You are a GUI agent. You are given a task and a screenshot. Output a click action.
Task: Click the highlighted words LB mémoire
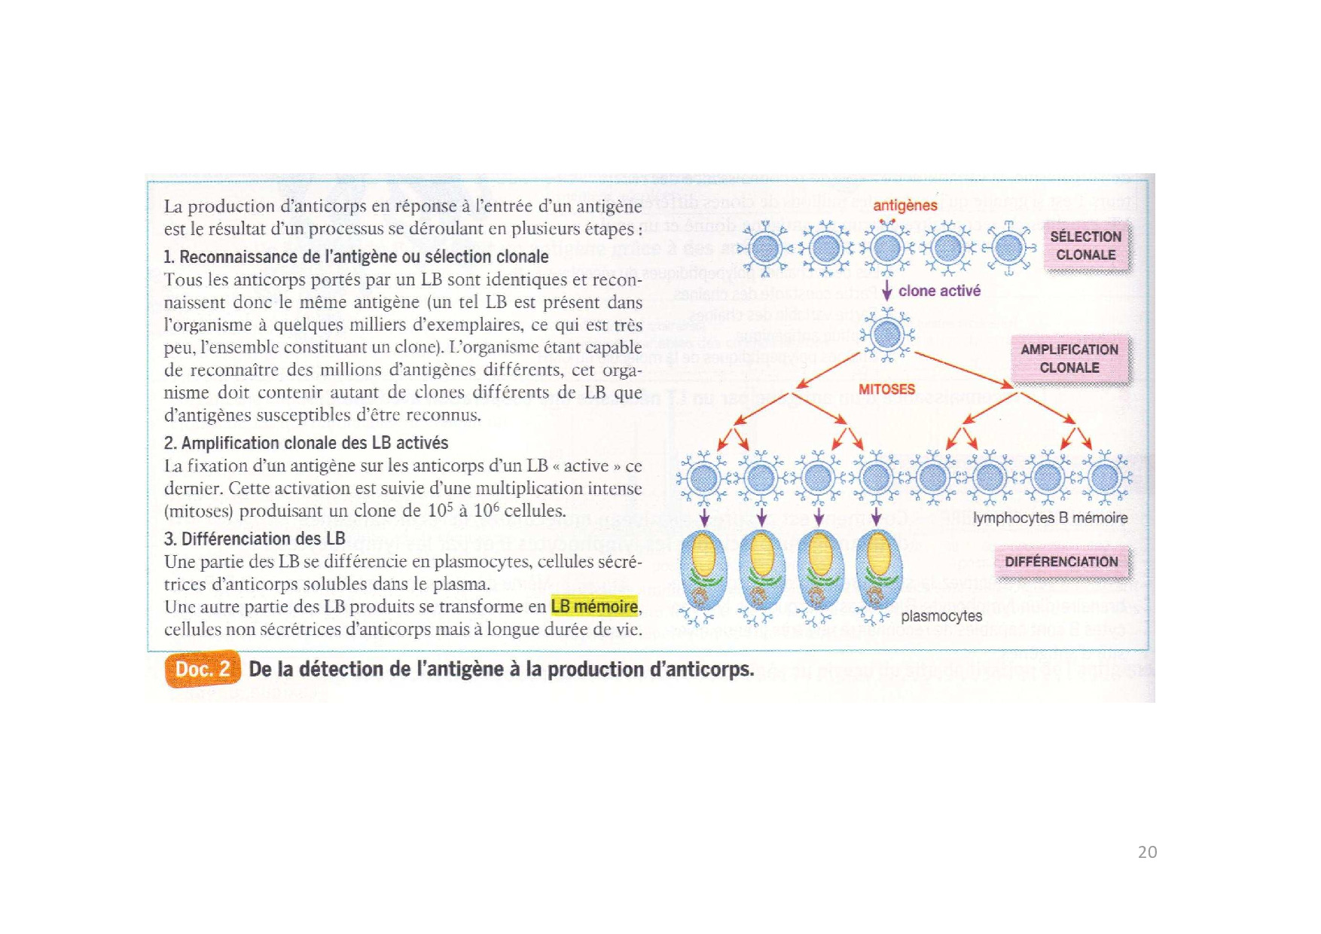(594, 606)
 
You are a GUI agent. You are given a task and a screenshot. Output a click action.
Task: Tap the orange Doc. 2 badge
(202, 670)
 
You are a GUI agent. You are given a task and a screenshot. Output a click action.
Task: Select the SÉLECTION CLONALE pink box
(1085, 246)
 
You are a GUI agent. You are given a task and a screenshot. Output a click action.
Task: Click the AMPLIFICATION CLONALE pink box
(1069, 359)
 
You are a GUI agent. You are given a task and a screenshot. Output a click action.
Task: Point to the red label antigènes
(905, 206)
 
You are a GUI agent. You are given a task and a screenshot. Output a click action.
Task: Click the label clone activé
(939, 291)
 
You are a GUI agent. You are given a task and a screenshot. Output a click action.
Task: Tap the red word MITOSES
(886, 389)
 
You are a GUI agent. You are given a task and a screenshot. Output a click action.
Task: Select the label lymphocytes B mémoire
(1050, 518)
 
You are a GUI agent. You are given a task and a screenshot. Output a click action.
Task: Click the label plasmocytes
(941, 616)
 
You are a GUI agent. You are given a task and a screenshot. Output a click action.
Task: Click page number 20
(1147, 852)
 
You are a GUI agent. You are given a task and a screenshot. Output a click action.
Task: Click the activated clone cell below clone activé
(887, 335)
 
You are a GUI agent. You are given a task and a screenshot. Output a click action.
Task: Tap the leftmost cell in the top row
(764, 249)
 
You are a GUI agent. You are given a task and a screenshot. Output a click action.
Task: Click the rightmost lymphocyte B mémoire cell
(1105, 477)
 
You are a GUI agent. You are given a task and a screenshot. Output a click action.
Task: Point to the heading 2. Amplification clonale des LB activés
(306, 443)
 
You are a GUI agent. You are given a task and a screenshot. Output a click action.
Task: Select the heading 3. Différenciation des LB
(255, 539)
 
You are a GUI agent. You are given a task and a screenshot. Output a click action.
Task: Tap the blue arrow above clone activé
(887, 291)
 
